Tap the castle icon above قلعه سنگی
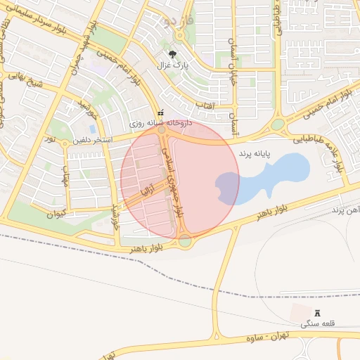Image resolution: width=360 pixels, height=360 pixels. pos(315,312)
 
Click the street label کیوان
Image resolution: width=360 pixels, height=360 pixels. pos(54,212)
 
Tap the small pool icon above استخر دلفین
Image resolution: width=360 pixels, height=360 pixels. pos(161,110)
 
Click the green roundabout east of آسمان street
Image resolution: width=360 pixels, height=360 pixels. pos(278,124)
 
